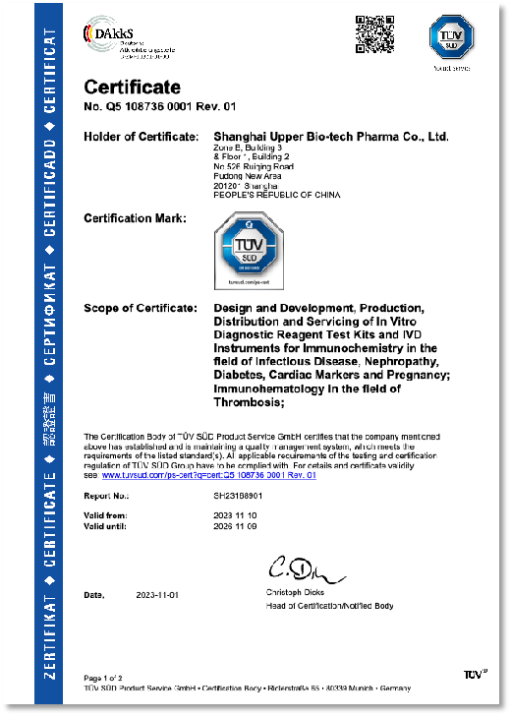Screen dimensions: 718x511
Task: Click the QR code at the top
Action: (373, 34)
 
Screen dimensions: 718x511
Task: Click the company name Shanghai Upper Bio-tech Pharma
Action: (331, 136)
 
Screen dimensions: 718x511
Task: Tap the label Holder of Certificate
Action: (141, 136)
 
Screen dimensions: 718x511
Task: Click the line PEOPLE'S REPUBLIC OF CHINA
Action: (276, 195)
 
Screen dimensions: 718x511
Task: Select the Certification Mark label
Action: (135, 217)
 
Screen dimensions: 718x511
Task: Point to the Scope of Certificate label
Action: (141, 308)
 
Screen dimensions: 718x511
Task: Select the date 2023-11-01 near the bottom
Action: (156, 595)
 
